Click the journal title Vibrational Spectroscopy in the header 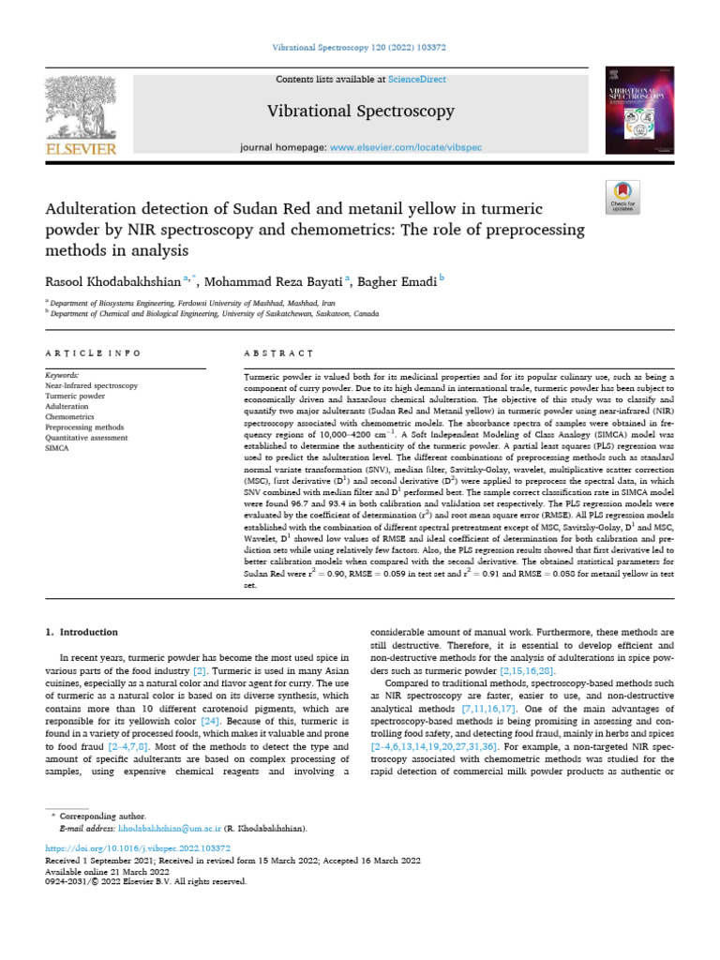click(x=361, y=112)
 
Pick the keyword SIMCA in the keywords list click(x=58, y=447)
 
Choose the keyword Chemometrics click(x=69, y=416)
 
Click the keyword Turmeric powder click(x=75, y=396)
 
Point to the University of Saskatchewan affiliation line click(x=216, y=315)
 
